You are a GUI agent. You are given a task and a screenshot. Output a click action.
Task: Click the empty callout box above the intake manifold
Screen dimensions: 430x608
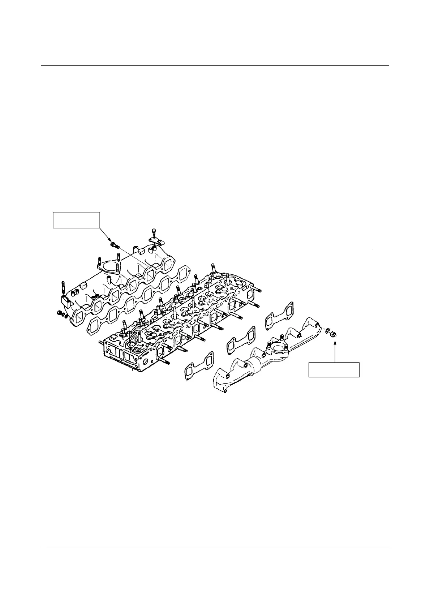tap(76, 220)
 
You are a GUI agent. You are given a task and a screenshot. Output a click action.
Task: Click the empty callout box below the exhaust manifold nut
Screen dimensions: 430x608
tap(334, 369)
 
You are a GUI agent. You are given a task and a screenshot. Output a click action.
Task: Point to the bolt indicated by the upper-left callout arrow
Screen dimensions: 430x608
tap(114, 245)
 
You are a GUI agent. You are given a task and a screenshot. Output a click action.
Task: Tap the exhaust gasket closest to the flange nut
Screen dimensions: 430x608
tap(279, 316)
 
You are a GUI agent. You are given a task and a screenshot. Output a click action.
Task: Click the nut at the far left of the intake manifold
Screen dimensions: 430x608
tap(60, 313)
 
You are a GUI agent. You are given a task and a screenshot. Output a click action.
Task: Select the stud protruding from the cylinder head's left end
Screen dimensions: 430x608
tap(101, 342)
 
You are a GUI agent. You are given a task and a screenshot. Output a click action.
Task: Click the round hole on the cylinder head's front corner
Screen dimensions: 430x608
tap(146, 361)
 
